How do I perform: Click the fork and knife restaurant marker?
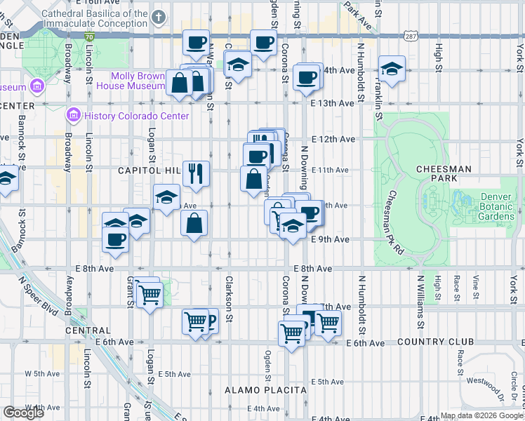[x=196, y=172]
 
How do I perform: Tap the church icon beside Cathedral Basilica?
[x=159, y=16]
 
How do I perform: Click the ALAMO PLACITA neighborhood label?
[x=265, y=389]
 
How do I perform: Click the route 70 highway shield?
[x=88, y=35]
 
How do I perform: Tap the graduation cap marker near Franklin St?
[x=392, y=69]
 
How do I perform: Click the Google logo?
[x=24, y=413]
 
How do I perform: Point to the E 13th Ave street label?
[x=333, y=103]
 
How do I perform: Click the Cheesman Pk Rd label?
[x=394, y=222]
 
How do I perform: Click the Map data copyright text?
[x=481, y=416]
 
